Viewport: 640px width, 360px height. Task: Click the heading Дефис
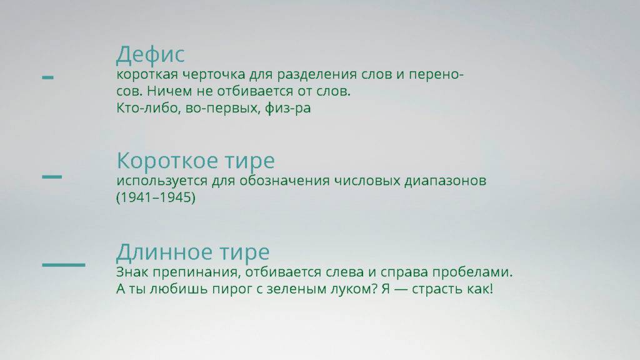coord(150,54)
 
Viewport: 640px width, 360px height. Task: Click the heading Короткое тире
coord(195,161)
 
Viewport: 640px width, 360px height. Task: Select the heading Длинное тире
coord(192,252)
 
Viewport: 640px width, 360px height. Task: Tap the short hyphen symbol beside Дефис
coord(47,77)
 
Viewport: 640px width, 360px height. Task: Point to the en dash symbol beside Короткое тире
coord(52,176)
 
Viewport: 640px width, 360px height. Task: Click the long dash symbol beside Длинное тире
coord(63,264)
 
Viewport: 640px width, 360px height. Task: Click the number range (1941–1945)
coord(156,197)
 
